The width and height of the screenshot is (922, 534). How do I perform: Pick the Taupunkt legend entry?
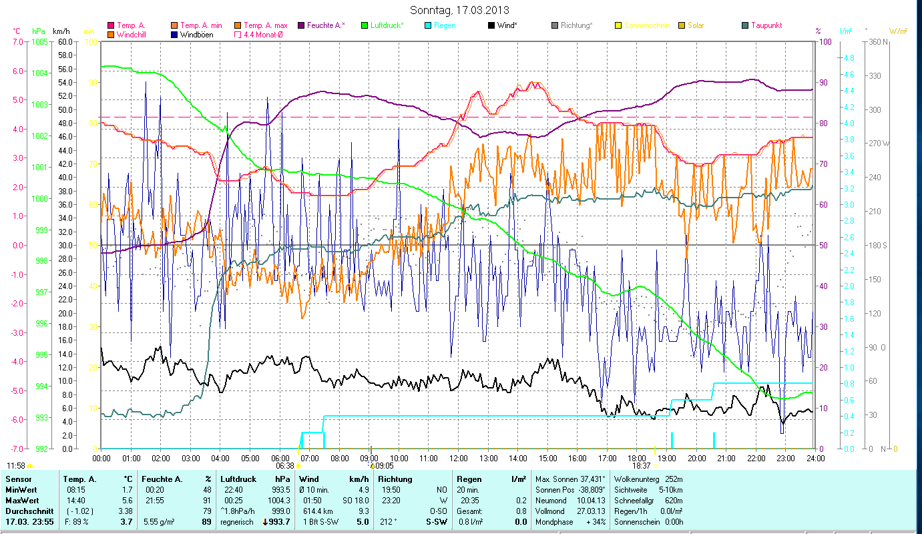click(x=766, y=25)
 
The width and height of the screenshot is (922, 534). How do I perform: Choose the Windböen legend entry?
click(x=196, y=35)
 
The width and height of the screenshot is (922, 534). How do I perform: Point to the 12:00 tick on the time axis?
click(x=459, y=458)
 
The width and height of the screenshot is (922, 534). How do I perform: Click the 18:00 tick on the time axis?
click(x=637, y=458)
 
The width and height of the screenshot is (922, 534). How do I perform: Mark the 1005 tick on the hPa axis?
click(x=39, y=41)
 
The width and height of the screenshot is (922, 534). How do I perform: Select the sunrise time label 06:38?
click(x=285, y=465)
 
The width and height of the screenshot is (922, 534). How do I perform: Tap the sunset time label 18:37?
click(x=642, y=465)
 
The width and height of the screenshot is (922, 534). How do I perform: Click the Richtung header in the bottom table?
click(x=395, y=479)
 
